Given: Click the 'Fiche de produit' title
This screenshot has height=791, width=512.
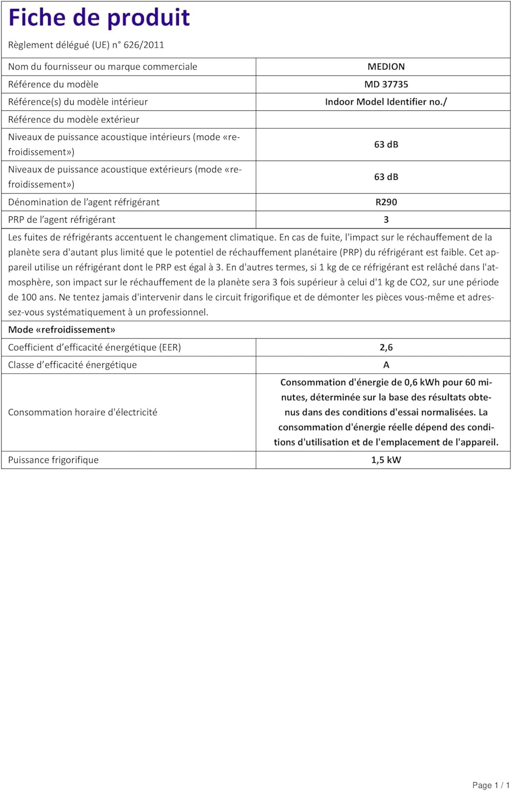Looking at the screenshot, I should pyautogui.click(x=99, y=17).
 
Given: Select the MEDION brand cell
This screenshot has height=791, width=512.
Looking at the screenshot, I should pyautogui.click(x=386, y=66).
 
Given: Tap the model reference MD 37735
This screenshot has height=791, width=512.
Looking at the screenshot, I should pyautogui.click(x=386, y=84).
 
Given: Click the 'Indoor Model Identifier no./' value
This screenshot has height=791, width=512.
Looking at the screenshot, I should pyautogui.click(x=386, y=102).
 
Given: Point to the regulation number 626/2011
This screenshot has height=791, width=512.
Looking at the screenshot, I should pyautogui.click(x=143, y=45).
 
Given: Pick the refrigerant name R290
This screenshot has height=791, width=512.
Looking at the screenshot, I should pyautogui.click(x=386, y=202).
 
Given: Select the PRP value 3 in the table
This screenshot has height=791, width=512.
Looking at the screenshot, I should pyautogui.click(x=386, y=220).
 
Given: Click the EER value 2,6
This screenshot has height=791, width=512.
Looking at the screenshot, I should pyautogui.click(x=386, y=348).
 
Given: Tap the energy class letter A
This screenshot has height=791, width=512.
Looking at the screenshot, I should pyautogui.click(x=386, y=365).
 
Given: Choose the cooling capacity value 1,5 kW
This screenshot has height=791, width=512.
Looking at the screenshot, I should pyautogui.click(x=386, y=460).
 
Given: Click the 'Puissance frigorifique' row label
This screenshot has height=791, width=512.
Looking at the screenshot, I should pyautogui.click(x=53, y=460).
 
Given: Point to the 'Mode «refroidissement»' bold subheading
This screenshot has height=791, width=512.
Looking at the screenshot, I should pyautogui.click(x=62, y=330).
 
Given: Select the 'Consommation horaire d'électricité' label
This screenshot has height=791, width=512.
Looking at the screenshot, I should pyautogui.click(x=82, y=412).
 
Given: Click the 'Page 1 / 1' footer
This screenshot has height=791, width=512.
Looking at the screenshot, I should pyautogui.click(x=490, y=785).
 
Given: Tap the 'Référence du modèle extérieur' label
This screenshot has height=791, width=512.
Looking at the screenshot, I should pyautogui.click(x=73, y=120).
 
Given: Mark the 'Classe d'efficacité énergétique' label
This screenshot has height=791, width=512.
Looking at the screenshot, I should pyautogui.click(x=72, y=365).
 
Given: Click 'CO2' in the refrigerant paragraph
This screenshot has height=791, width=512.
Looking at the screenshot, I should pyautogui.click(x=419, y=282).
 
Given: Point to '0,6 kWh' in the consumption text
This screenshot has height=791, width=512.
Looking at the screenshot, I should pyautogui.click(x=422, y=382).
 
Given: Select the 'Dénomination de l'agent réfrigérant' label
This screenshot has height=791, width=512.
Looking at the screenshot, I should pyautogui.click(x=83, y=202).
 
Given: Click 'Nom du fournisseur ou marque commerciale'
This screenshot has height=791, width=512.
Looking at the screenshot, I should pyautogui.click(x=102, y=66).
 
